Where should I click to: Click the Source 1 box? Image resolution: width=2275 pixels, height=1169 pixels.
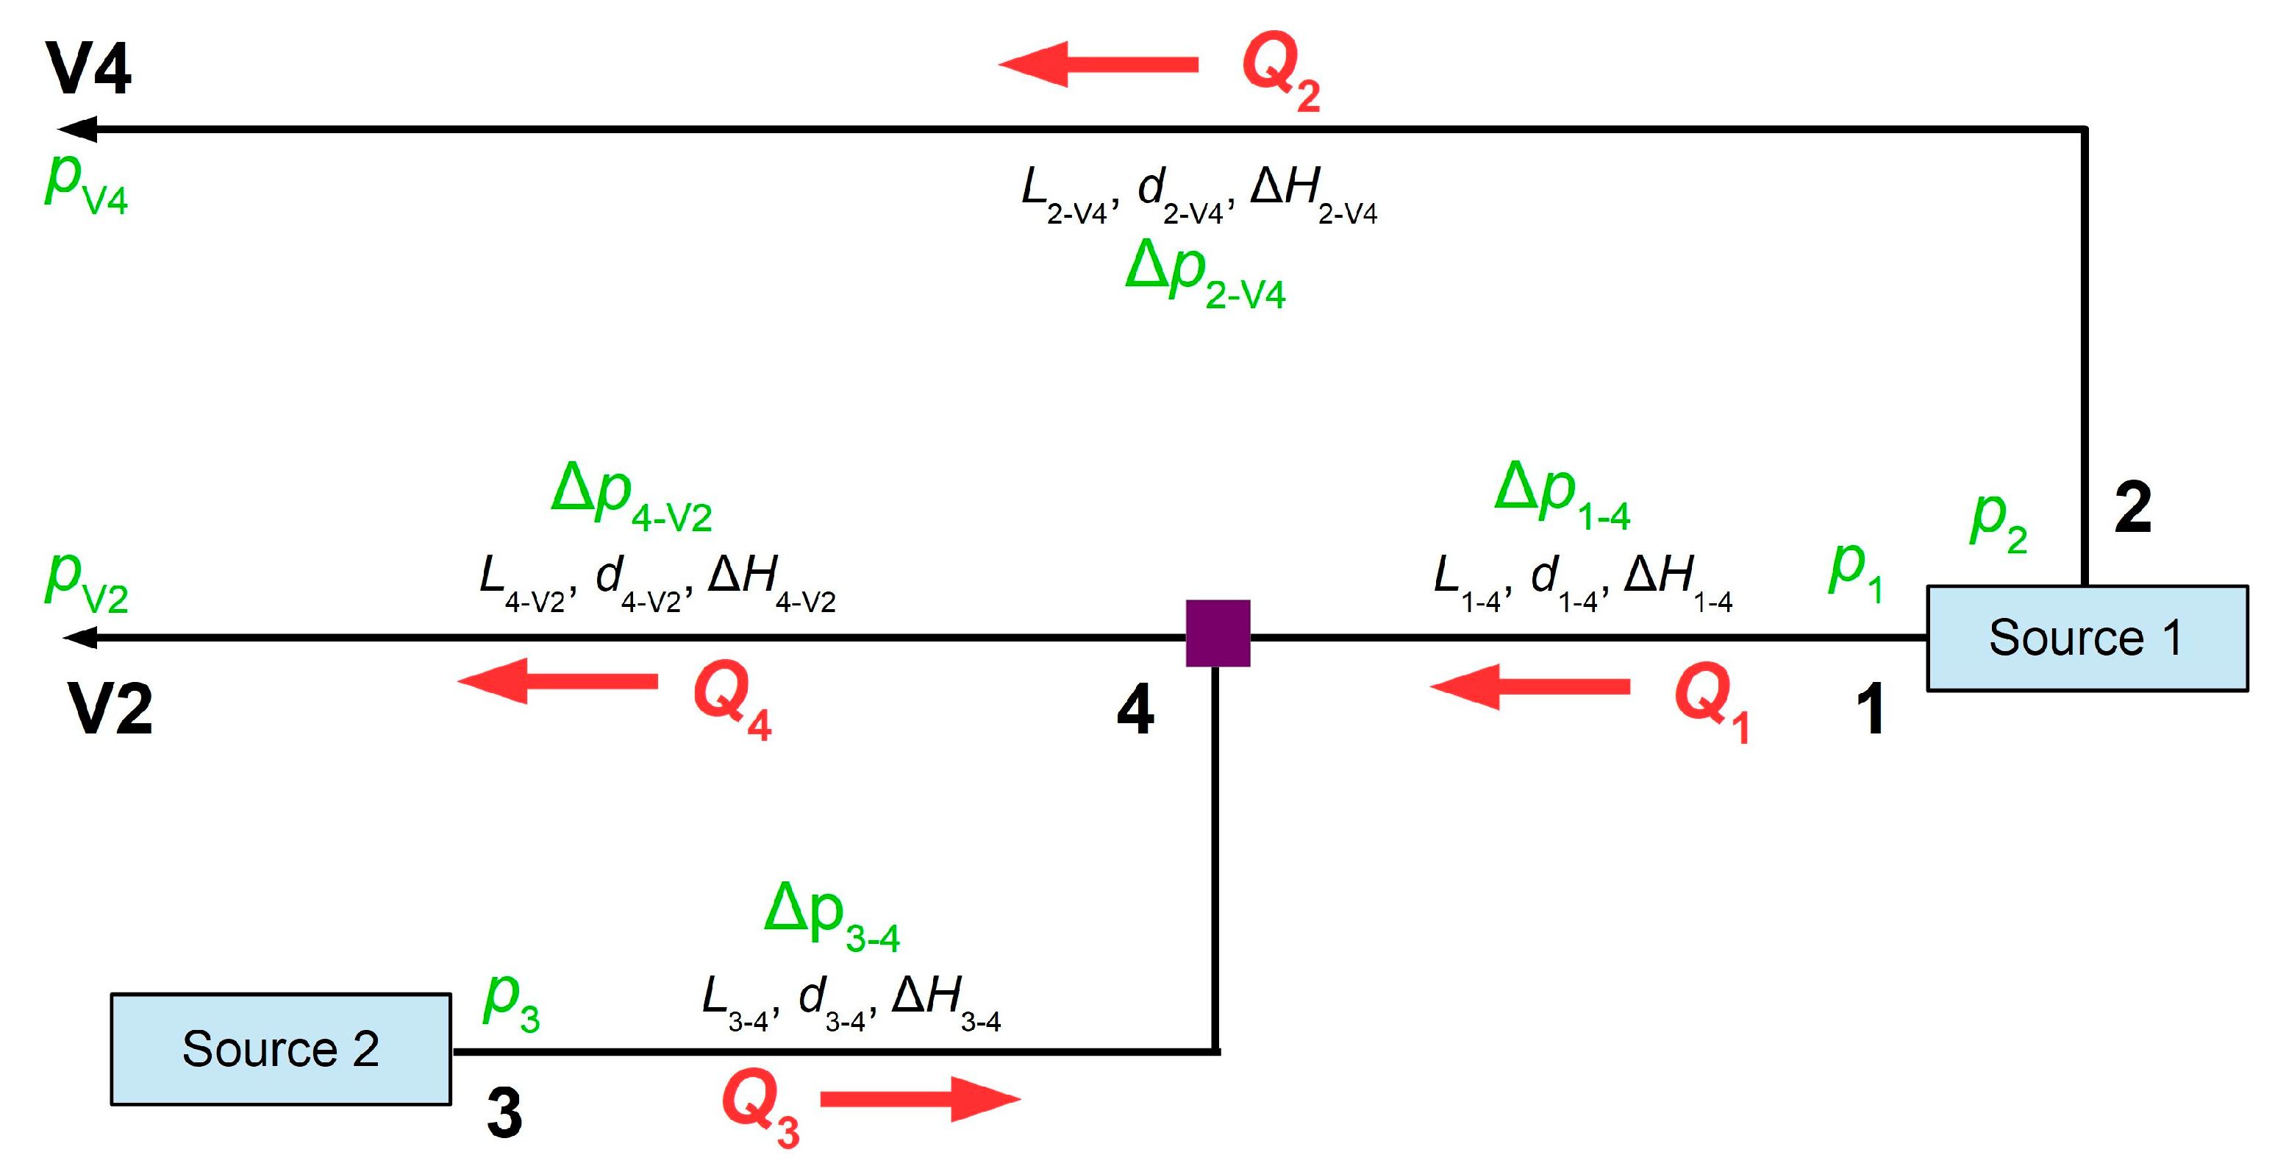pyautogui.click(x=2086, y=638)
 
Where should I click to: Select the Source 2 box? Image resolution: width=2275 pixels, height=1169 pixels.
pyautogui.click(x=281, y=1049)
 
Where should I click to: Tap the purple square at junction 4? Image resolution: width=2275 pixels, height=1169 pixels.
pyautogui.click(x=1218, y=633)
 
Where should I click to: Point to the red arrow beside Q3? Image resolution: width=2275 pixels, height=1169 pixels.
pyautogui.click(x=921, y=1098)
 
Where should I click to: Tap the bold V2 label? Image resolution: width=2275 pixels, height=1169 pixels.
pyautogui.click(x=110, y=708)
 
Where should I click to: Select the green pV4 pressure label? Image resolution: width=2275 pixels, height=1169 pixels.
pyautogui.click(x=87, y=183)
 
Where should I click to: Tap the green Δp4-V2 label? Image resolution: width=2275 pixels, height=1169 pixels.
pyautogui.click(x=632, y=497)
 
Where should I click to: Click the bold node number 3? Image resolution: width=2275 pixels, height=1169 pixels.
pyautogui.click(x=504, y=1112)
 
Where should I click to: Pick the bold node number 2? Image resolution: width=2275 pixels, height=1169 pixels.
pyautogui.click(x=2133, y=508)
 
